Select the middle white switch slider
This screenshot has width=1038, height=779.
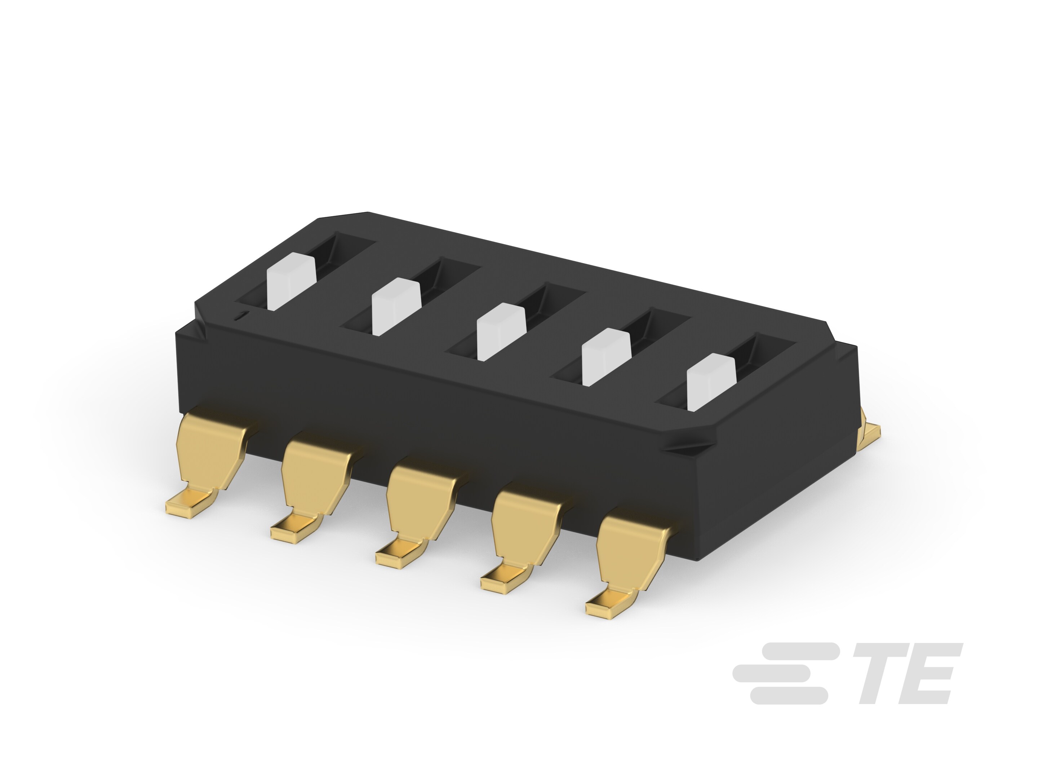point(500,331)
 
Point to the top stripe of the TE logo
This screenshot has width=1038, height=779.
point(798,651)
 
